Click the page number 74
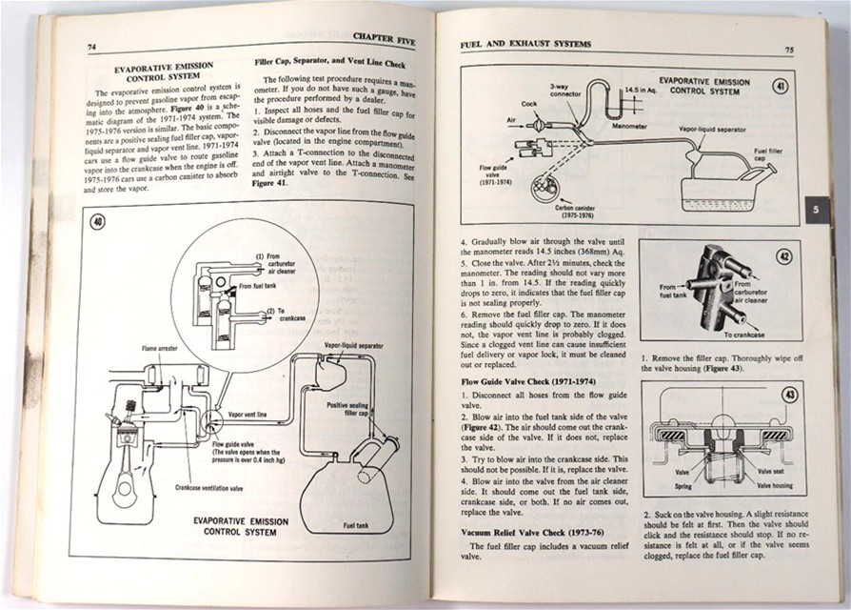[x=91, y=48]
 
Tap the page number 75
[x=790, y=49]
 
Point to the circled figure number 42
[x=782, y=256]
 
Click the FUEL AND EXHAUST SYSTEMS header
[x=525, y=44]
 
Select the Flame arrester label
[x=162, y=350]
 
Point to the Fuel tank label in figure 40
[x=356, y=525]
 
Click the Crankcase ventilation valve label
[x=208, y=487]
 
